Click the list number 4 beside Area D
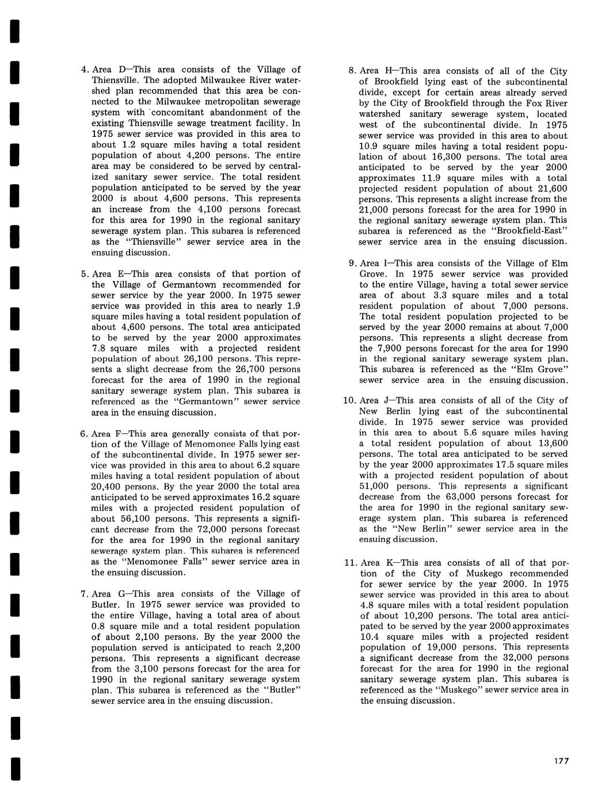[83, 70]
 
